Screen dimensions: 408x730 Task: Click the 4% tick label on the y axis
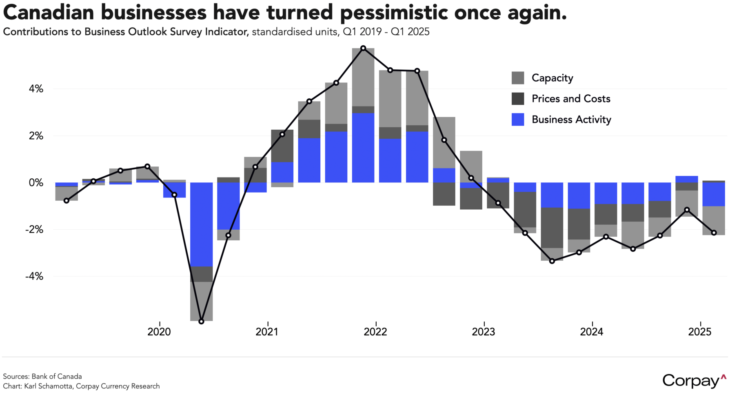coord(36,89)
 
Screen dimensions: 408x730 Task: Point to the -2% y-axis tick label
coord(34,230)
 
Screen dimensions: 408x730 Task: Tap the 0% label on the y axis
coord(36,183)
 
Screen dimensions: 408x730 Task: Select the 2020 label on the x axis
coord(159,332)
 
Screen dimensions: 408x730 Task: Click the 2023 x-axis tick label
coord(484,332)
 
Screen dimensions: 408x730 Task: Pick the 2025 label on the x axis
coord(700,332)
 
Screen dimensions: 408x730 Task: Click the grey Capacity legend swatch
coord(518,78)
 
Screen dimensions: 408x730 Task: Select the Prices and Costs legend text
coord(571,99)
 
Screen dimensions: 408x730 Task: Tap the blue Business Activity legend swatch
coord(518,120)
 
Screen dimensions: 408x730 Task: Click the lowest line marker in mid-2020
coord(201,322)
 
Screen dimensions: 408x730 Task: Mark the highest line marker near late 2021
coord(363,48)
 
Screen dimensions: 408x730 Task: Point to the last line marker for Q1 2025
coord(714,233)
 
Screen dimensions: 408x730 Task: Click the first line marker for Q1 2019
coord(67,201)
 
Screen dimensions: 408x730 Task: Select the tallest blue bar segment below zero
coord(201,224)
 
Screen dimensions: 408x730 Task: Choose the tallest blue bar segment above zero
coord(363,148)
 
